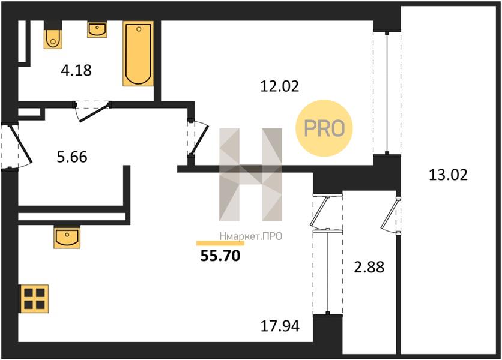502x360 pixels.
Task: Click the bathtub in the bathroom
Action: tap(138, 53)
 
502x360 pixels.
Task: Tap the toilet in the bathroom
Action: tap(53, 38)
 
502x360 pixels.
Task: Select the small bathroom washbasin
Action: tap(97, 29)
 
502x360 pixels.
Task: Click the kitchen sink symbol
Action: tap(67, 238)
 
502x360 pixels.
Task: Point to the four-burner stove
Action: tap(35, 299)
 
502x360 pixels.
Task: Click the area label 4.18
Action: tap(76, 70)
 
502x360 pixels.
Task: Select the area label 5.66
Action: tap(72, 157)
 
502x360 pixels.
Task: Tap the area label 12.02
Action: tap(279, 86)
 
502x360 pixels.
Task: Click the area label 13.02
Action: tap(448, 175)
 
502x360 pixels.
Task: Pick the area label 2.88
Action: tap(369, 267)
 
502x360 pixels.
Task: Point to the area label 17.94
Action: tap(280, 326)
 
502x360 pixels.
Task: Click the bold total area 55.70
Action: tap(220, 256)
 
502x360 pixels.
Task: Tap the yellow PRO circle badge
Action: tap(324, 128)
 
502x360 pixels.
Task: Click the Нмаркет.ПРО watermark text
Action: tap(250, 236)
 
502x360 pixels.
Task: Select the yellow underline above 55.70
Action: tap(220, 243)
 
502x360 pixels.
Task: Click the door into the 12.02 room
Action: tap(199, 138)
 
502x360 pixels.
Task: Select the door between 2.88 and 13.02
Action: tap(390, 215)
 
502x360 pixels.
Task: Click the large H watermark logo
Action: tap(250, 175)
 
